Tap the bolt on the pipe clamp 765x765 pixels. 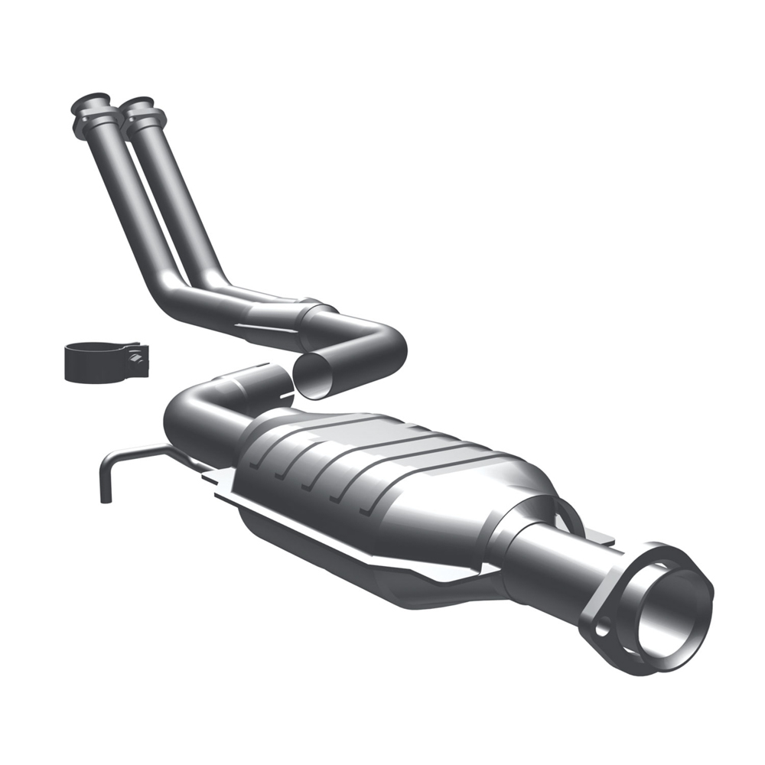coord(136,356)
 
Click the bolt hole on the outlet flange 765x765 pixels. coord(602,625)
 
